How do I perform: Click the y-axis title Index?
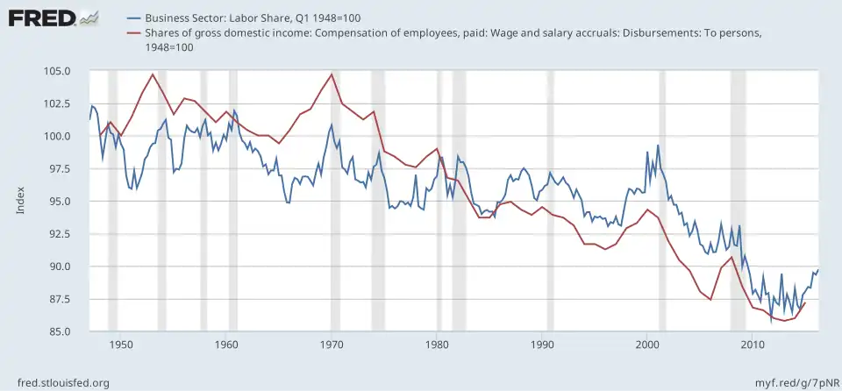(20, 201)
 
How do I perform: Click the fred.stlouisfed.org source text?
(56, 382)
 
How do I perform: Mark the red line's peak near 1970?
(332, 74)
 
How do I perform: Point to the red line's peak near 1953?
(153, 75)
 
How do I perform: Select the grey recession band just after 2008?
(738, 201)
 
